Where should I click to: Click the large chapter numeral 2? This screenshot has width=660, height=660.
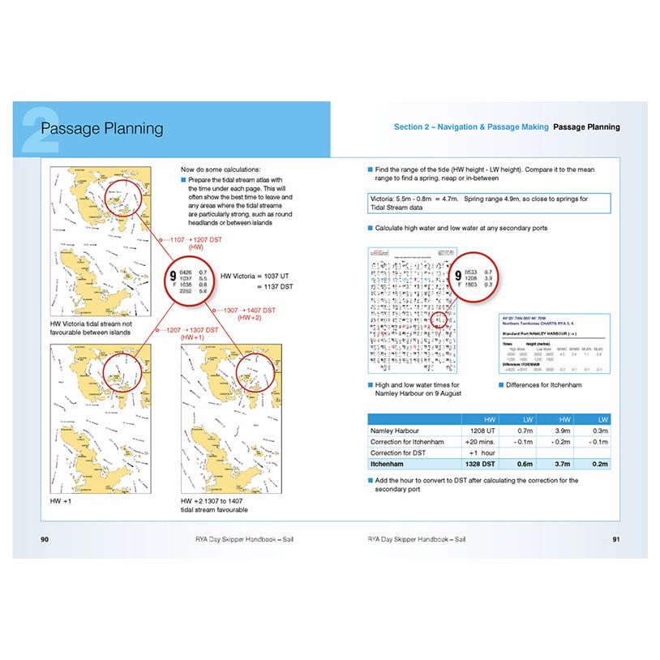point(41,129)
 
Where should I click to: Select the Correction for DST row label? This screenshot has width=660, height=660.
point(397,453)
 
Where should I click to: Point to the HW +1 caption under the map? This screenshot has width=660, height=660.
point(61,502)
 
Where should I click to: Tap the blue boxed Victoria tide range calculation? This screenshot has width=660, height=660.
point(489,203)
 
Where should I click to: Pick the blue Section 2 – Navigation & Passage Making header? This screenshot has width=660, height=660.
point(471,127)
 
